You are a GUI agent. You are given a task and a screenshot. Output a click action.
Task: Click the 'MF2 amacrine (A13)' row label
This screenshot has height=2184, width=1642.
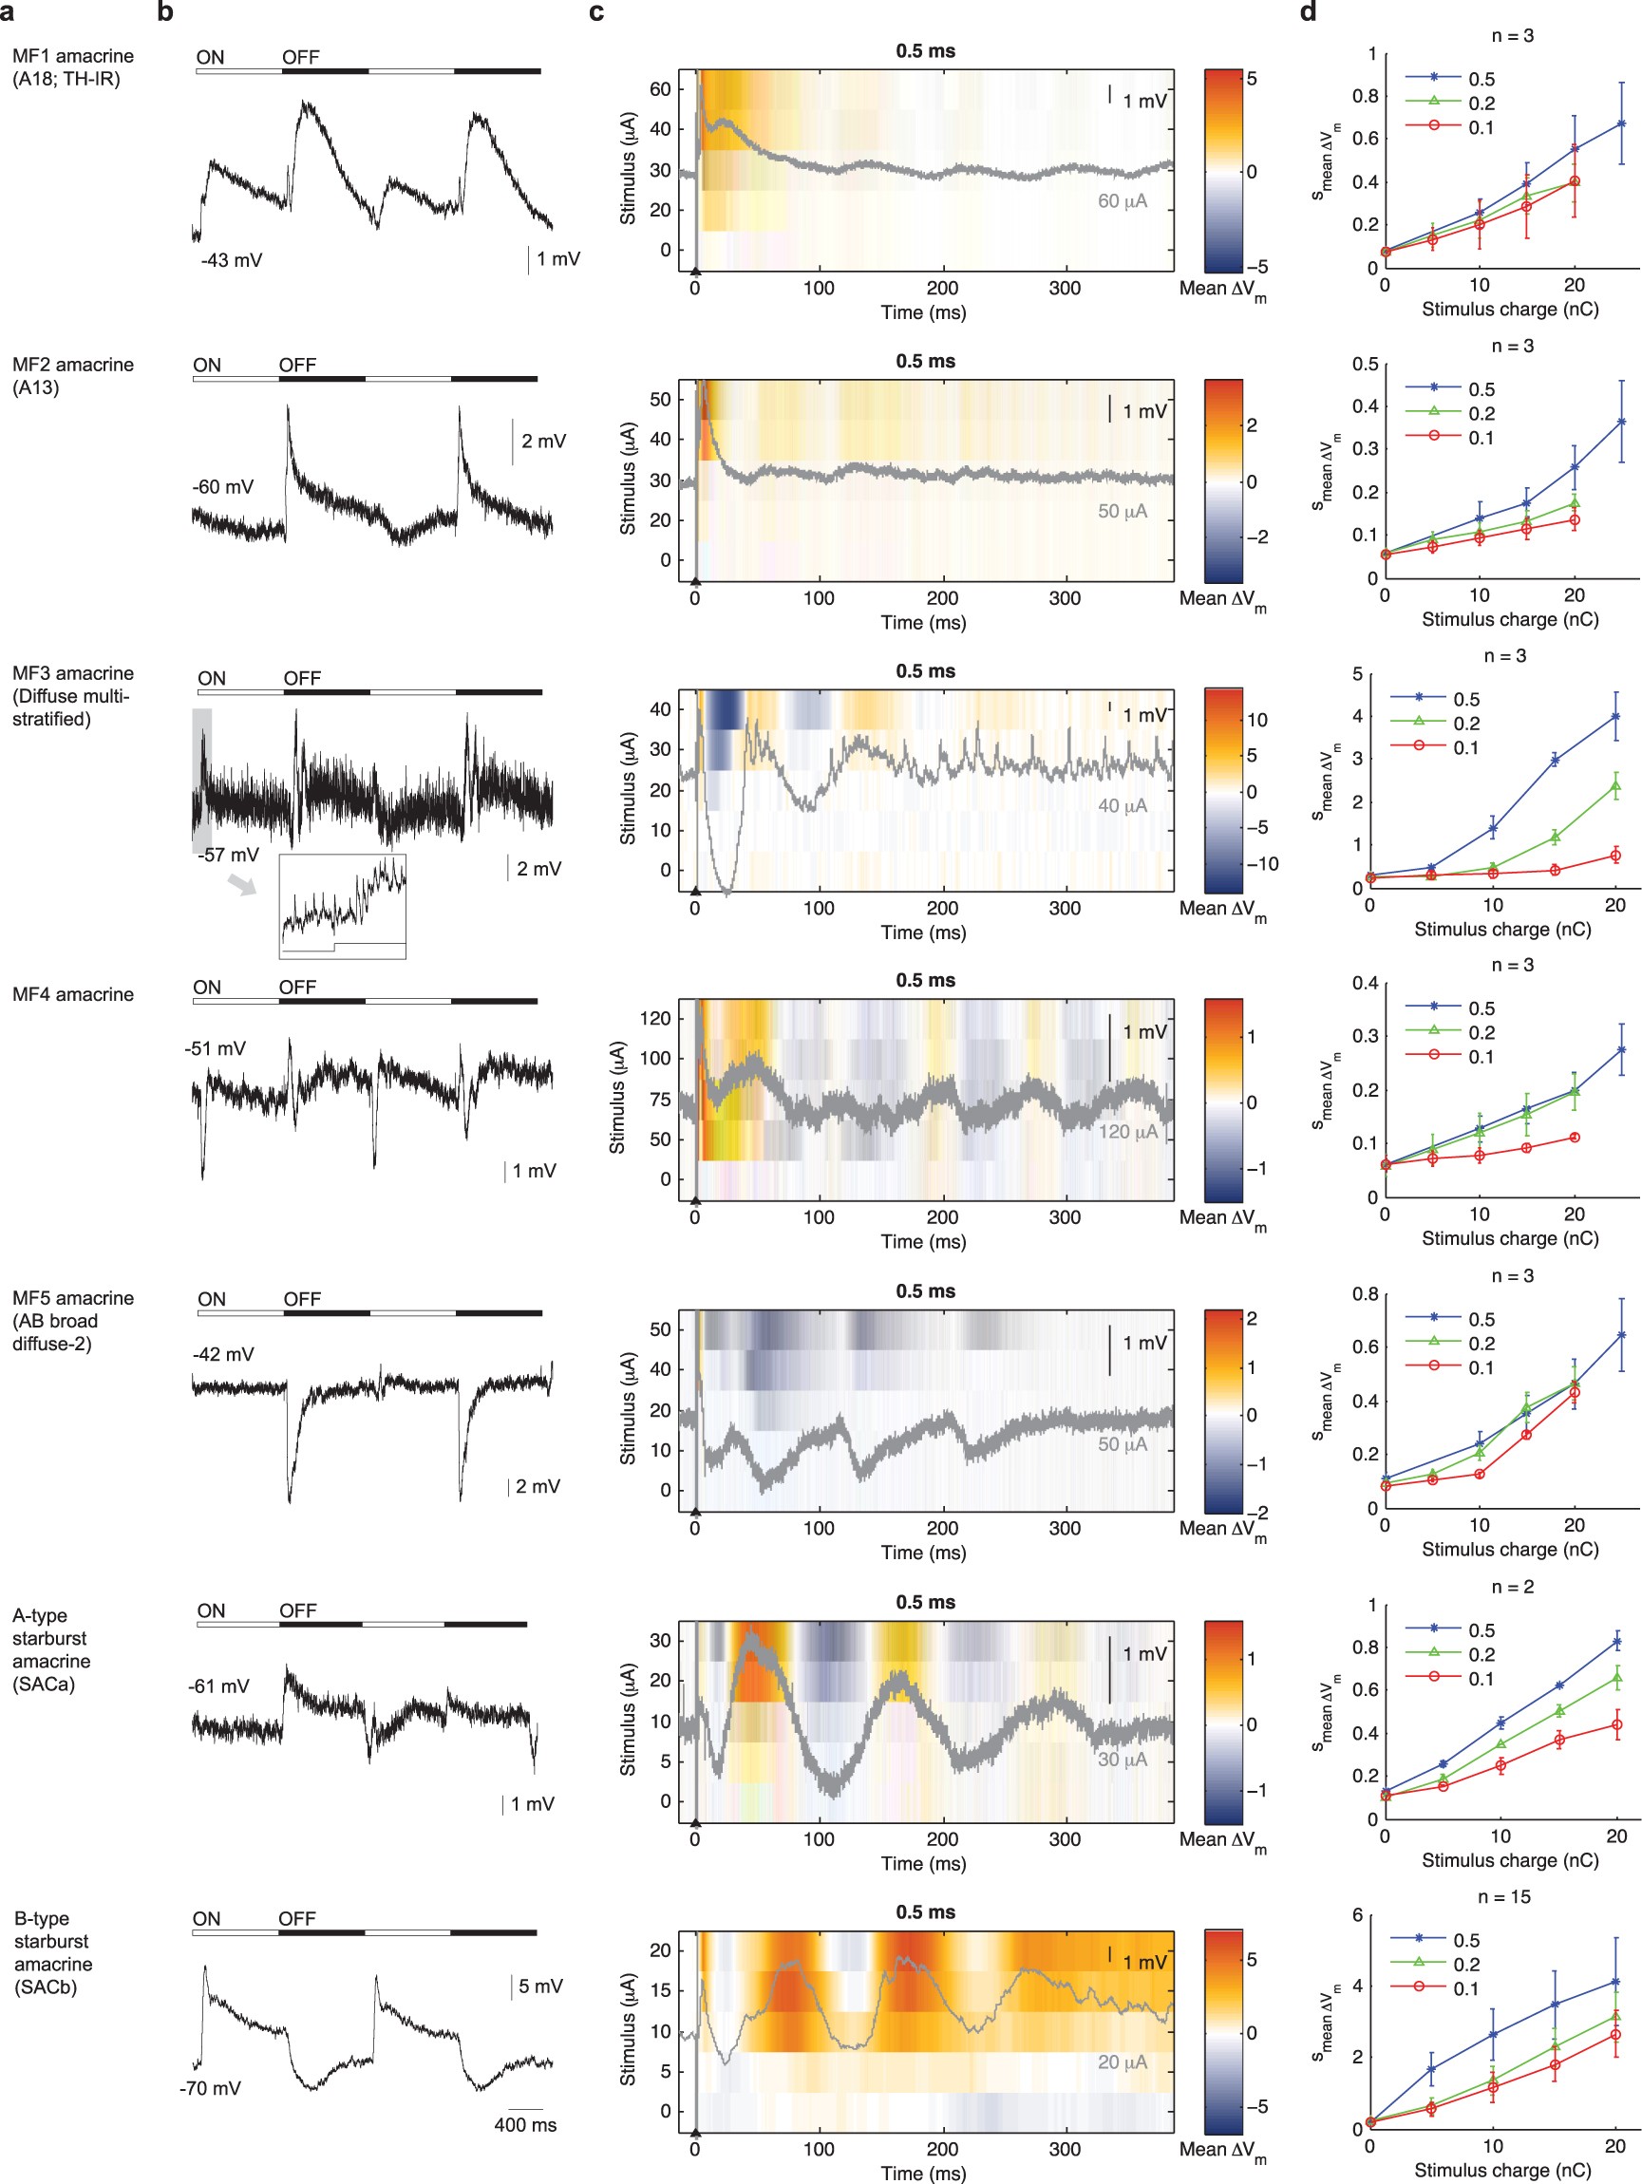click(72, 375)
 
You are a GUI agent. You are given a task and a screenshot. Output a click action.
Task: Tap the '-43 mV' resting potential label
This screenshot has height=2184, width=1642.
click(231, 261)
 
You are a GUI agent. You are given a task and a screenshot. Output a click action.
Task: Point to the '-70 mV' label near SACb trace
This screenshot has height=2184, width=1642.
click(209, 2088)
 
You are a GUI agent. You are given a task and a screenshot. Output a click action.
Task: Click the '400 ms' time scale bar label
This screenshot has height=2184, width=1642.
click(524, 2125)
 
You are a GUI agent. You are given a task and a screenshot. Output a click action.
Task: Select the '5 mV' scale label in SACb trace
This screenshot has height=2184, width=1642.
click(540, 1986)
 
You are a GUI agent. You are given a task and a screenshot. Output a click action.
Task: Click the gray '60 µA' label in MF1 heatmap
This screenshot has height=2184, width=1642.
click(1122, 201)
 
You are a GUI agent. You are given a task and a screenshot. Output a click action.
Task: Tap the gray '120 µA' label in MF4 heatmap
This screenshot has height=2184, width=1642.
click(1127, 1132)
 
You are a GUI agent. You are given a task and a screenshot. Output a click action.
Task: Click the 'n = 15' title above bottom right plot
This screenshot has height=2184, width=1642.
click(1502, 1896)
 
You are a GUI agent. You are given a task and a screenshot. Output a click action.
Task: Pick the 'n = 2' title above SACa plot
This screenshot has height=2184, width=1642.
click(1512, 1587)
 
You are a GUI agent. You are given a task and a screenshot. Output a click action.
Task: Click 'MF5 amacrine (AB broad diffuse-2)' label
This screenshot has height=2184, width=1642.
click(72, 1320)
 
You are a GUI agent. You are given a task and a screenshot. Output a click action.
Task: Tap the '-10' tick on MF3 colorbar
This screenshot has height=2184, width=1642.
click(1261, 864)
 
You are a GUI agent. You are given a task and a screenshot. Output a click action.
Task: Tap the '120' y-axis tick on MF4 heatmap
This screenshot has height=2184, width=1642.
click(654, 1018)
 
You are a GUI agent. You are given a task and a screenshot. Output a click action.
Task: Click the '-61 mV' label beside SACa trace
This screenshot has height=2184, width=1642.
click(218, 1685)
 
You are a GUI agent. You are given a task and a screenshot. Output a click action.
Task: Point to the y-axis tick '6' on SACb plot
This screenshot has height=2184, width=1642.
click(1357, 1915)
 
